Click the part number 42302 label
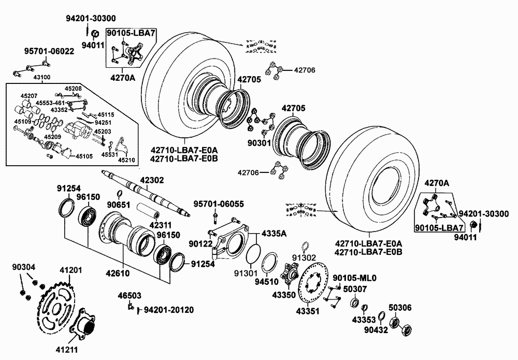coord(152,180)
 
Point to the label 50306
coord(400,308)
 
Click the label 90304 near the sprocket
coord(24,267)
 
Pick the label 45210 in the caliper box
coord(126,160)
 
